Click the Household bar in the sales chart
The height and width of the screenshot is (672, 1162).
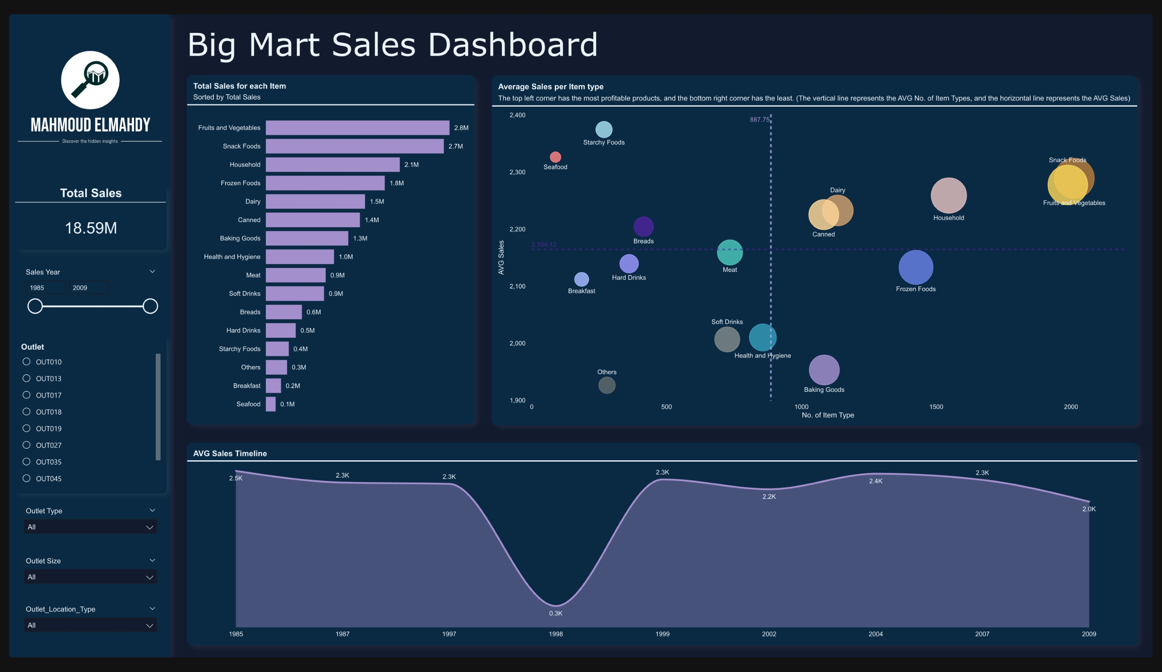pyautogui.click(x=332, y=165)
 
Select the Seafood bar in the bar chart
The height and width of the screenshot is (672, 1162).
pyautogui.click(x=271, y=404)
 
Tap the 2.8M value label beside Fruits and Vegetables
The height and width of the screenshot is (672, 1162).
pyautogui.click(x=461, y=128)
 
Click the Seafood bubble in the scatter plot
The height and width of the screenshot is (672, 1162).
pyautogui.click(x=555, y=157)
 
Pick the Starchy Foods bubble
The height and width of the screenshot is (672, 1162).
pyautogui.click(x=603, y=130)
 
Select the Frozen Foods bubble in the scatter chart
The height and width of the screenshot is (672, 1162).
pyautogui.click(x=915, y=268)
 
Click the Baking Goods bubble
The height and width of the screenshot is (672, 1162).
pyautogui.click(x=824, y=370)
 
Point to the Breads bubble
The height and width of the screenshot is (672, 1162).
pyautogui.click(x=643, y=226)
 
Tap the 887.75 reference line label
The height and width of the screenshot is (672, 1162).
pyautogui.click(x=759, y=119)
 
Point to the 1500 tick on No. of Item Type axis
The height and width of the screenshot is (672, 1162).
pyautogui.click(x=936, y=407)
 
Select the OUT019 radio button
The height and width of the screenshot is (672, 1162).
pyautogui.click(x=26, y=428)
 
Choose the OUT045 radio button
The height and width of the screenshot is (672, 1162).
pyautogui.click(x=26, y=478)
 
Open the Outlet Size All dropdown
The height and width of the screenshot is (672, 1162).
pyautogui.click(x=90, y=577)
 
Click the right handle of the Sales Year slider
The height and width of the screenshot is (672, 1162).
pyautogui.click(x=150, y=306)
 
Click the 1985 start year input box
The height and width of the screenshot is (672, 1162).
pyautogui.click(x=45, y=288)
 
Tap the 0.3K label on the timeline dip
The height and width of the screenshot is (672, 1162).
pyautogui.click(x=555, y=614)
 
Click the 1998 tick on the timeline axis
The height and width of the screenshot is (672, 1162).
pyautogui.click(x=555, y=634)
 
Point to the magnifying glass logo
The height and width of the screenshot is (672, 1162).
pyautogui.click(x=90, y=80)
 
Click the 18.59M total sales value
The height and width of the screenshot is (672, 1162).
pyautogui.click(x=90, y=228)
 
